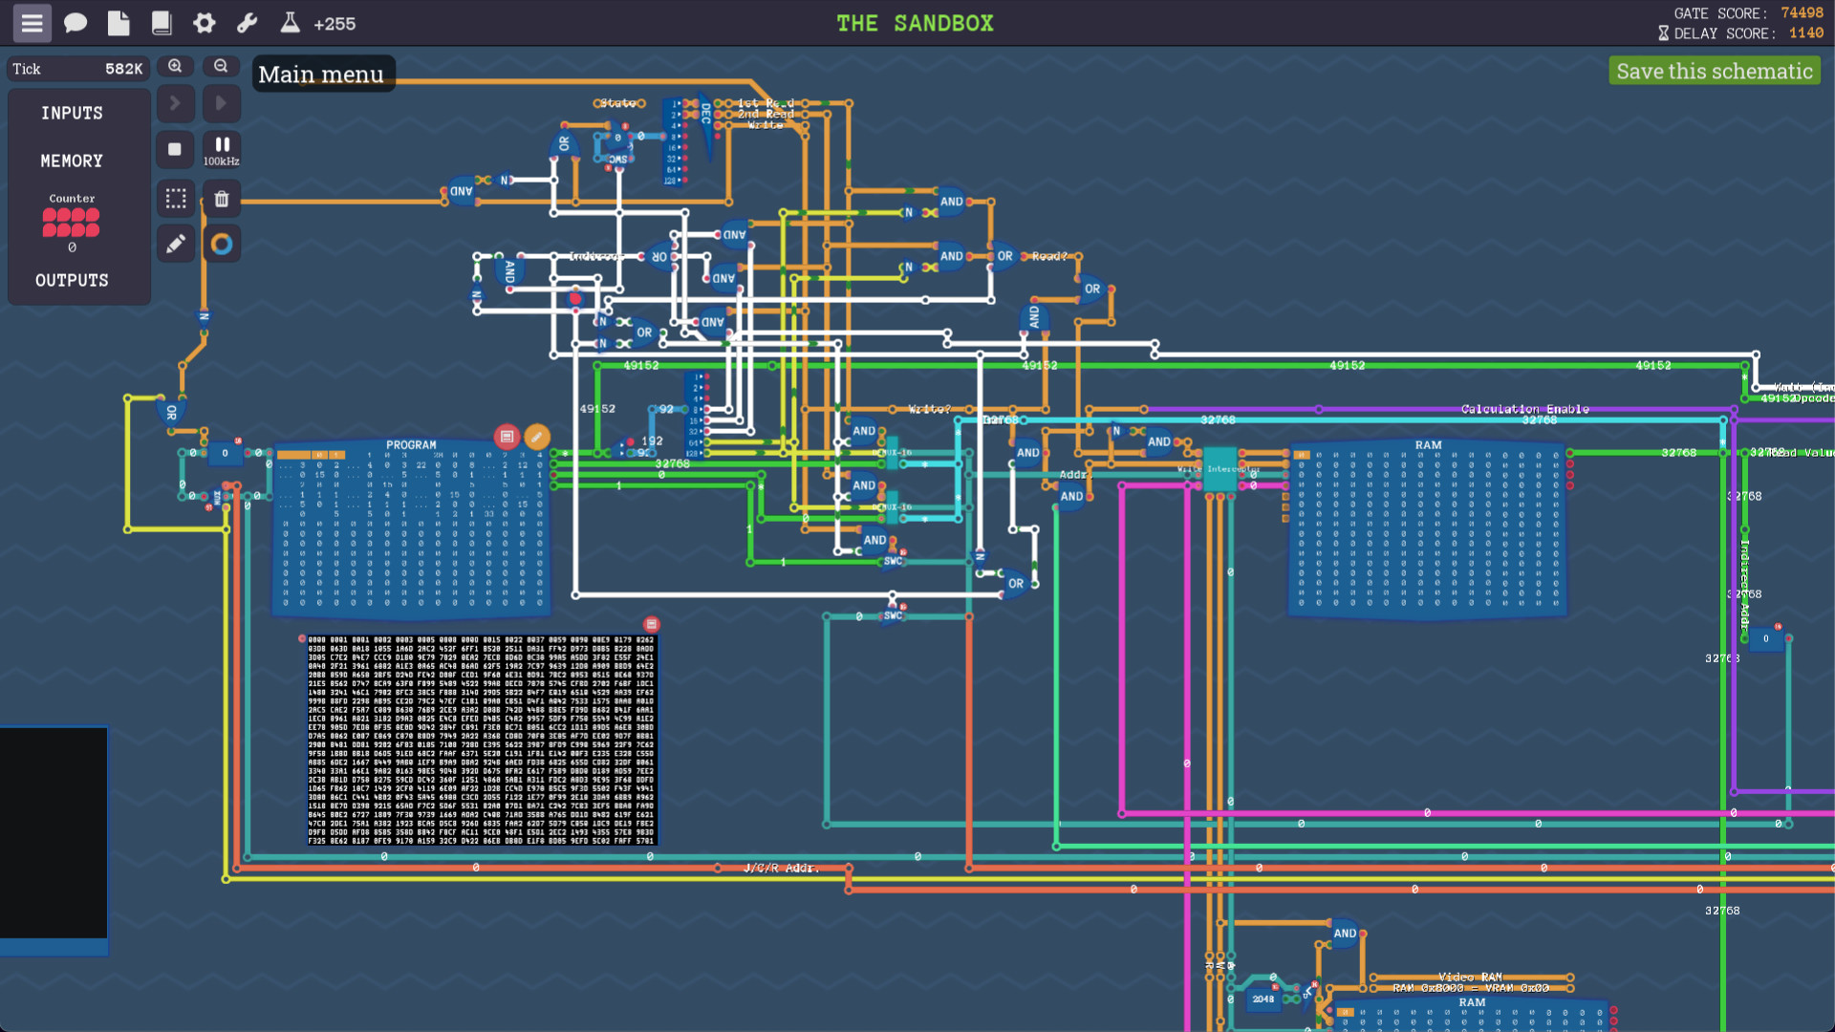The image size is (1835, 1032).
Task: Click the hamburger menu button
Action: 32,23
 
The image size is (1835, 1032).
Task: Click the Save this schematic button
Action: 1714,72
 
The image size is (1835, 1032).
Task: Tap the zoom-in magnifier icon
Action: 175,66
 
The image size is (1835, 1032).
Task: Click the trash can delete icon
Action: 222,199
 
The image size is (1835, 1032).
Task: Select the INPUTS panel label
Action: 72,113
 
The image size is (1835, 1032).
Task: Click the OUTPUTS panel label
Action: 72,280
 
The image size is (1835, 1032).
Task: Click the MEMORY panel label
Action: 72,161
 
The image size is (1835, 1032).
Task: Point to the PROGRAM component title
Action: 411,445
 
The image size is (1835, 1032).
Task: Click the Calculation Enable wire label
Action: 1524,409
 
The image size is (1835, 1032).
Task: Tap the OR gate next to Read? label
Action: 1004,256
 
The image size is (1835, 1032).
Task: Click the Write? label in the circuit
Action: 929,409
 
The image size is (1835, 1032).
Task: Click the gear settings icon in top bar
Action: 204,23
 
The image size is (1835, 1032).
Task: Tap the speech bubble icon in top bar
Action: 76,23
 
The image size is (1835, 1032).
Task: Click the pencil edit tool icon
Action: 176,245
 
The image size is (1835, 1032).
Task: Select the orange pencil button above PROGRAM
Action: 537,437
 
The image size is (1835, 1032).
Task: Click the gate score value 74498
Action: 1802,13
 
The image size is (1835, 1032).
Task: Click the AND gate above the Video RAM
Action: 1345,934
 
